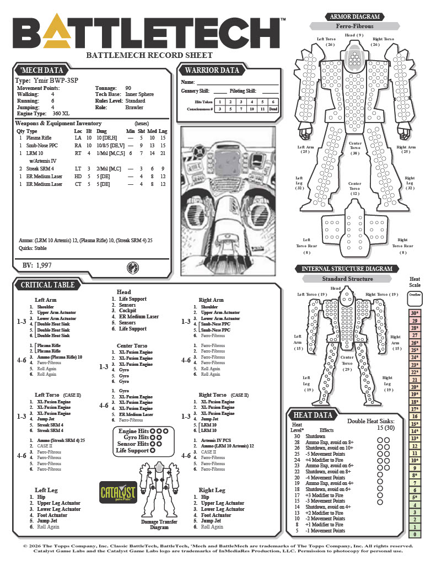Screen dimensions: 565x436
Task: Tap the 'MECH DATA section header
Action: (x=42, y=70)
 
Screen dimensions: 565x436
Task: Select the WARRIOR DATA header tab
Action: (x=212, y=70)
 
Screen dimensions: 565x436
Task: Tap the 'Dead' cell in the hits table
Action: (x=273, y=109)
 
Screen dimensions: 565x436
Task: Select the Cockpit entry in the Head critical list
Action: (x=127, y=311)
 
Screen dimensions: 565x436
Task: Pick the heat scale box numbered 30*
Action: (x=415, y=313)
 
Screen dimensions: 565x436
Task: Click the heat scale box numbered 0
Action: (x=415, y=534)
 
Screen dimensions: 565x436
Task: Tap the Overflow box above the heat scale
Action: (x=415, y=295)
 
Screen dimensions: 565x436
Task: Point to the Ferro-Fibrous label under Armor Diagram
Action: (x=354, y=26)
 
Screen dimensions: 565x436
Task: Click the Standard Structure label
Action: (x=347, y=279)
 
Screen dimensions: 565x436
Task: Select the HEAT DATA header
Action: (x=313, y=415)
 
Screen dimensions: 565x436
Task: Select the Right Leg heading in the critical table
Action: (x=212, y=490)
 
